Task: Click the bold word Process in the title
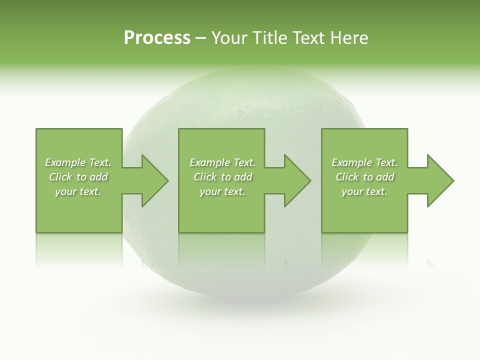click(157, 38)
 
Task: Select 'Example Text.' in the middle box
click(222, 162)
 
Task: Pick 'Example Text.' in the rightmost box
click(364, 162)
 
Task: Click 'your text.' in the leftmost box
click(77, 191)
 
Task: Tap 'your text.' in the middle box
click(222, 191)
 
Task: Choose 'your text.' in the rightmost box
click(364, 191)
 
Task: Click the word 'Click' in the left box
click(60, 177)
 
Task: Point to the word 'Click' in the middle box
click(204, 177)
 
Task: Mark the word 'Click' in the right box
click(347, 177)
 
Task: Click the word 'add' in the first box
click(99, 177)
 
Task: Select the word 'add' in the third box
click(385, 177)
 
